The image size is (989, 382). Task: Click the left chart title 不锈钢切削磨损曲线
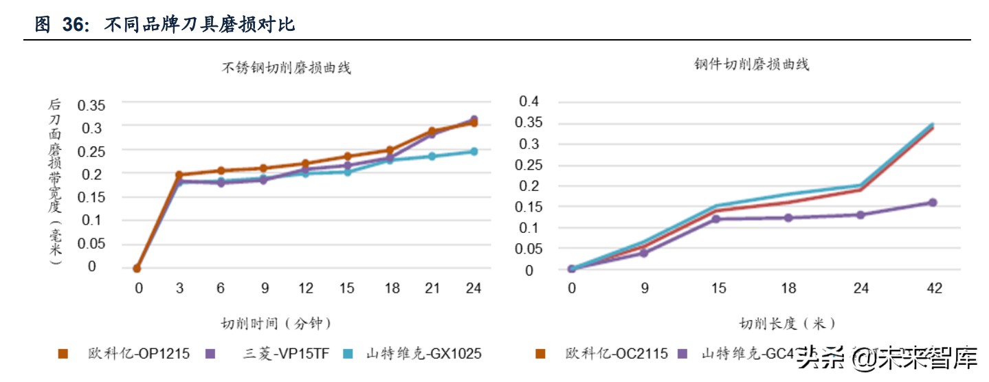[286, 68]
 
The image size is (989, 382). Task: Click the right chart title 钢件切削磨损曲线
[751, 65]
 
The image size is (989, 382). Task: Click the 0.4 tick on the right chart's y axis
[530, 101]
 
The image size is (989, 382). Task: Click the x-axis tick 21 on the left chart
[432, 289]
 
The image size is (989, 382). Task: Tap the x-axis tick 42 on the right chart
[933, 289]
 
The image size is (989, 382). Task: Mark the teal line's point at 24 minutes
[474, 151]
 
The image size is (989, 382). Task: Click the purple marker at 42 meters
[933, 203]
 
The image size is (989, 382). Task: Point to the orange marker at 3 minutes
[179, 175]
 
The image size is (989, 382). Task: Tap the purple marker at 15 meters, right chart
[715, 218]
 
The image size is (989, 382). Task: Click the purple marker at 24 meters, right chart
[860, 215]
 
